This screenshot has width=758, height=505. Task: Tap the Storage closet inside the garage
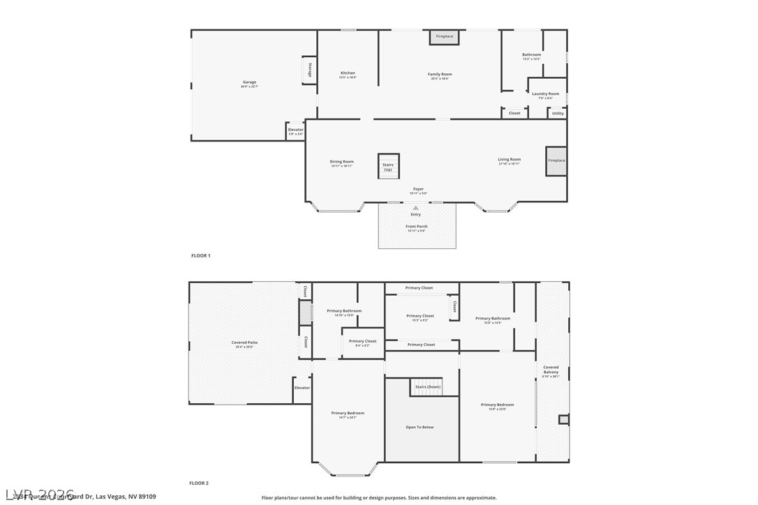click(309, 71)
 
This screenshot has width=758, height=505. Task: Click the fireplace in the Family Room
click(444, 36)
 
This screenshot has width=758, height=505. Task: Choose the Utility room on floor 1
click(558, 113)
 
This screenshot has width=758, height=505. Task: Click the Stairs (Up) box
click(388, 166)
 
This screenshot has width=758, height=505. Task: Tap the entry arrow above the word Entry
click(416, 207)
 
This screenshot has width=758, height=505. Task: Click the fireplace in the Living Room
click(556, 160)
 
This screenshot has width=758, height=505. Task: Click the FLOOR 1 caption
click(200, 256)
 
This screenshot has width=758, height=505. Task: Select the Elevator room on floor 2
click(302, 389)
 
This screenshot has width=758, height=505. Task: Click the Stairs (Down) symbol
click(426, 386)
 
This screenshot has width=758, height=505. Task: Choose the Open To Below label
click(419, 427)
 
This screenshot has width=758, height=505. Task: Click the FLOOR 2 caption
click(199, 483)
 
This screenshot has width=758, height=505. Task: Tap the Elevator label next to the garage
click(296, 130)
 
